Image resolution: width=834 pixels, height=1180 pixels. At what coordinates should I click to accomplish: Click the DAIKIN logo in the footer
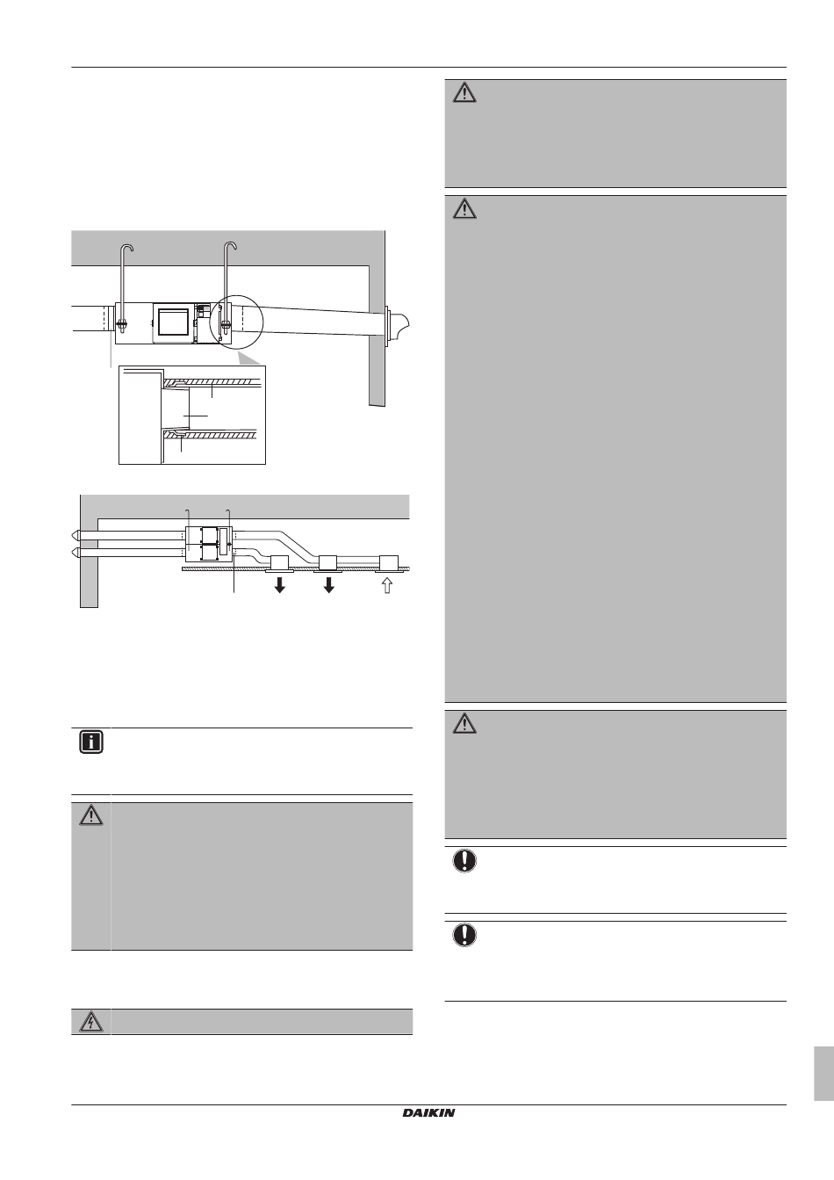[429, 1113]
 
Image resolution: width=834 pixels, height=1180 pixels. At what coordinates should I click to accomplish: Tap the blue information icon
[90, 742]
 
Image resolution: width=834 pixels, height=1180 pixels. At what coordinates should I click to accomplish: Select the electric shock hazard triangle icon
[90, 1022]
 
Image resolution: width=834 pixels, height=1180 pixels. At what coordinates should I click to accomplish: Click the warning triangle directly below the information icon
[90, 815]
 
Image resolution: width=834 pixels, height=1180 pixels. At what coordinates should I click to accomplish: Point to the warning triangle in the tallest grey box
[464, 210]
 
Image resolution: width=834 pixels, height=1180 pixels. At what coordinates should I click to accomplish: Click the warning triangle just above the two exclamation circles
[464, 724]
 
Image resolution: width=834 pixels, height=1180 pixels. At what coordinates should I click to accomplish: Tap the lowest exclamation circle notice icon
[464, 936]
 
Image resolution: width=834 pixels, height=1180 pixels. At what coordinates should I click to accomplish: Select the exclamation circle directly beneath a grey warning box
[464, 861]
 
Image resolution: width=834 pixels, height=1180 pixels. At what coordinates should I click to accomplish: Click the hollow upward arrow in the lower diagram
[387, 585]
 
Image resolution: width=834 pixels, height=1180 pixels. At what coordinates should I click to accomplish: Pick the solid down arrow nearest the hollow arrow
[329, 585]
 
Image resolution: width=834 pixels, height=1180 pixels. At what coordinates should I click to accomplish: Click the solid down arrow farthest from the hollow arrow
[280, 585]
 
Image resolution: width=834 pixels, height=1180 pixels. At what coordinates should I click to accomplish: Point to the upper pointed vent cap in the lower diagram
[77, 534]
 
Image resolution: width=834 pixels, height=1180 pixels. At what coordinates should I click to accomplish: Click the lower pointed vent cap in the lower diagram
[77, 553]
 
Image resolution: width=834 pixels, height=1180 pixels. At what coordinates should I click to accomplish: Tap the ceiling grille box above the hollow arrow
[387, 562]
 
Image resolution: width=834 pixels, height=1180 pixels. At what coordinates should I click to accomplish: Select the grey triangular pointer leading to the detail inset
[248, 358]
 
